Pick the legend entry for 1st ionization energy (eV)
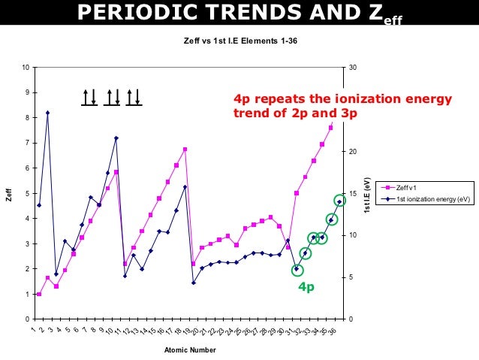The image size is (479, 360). pos(432,199)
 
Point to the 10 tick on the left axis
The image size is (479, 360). pos(26,68)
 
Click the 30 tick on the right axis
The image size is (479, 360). pos(353,68)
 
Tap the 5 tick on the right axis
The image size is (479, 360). pos(351,277)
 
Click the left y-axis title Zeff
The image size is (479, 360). pos(9,194)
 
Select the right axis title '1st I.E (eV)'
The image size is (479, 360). pos(367,193)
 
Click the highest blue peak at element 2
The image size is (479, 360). pos(47,113)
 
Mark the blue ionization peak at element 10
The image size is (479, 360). pos(116,138)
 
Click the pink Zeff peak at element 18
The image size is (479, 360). pos(185,150)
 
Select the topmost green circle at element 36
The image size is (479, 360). pos(339,201)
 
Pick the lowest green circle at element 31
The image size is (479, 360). pos(297,269)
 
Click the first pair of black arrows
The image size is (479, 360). pos(89,97)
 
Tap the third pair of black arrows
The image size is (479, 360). pos(134,97)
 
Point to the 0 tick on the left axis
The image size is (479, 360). pos(27,319)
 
